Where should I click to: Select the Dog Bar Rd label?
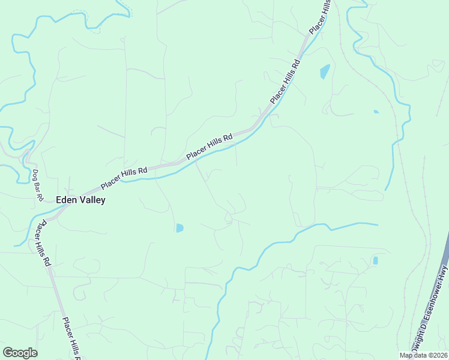38,185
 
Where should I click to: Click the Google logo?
20,353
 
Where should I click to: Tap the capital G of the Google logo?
8,353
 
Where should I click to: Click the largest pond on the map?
325,71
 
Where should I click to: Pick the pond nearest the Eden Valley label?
179,228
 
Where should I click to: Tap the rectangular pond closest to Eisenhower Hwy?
375,260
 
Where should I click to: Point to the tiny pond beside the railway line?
376,112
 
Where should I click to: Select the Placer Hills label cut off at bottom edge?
71,339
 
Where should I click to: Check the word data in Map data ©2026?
421,355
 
